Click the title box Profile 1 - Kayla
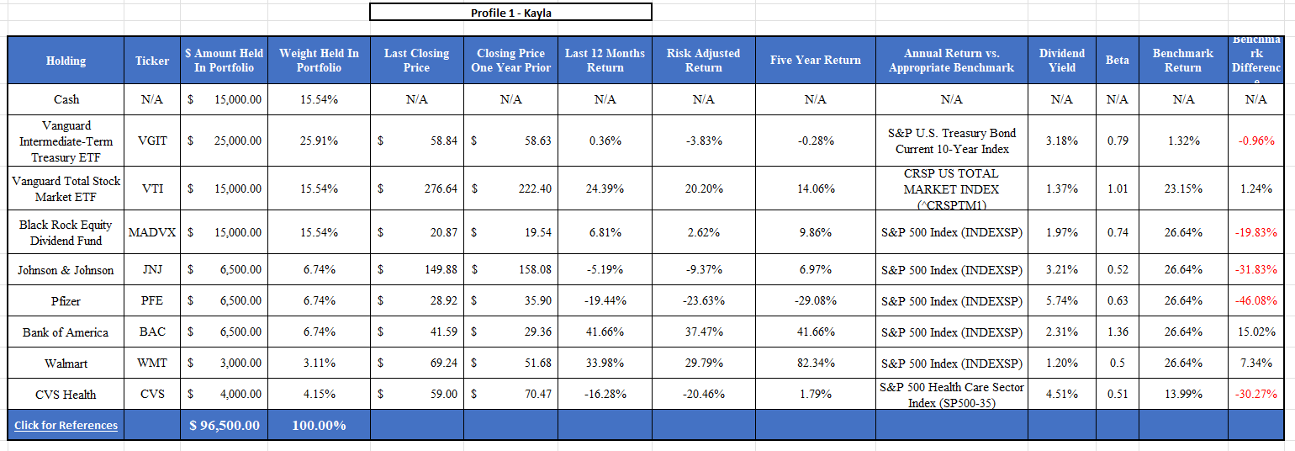[510, 13]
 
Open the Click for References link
[66, 425]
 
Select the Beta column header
[1117, 61]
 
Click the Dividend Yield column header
[1061, 61]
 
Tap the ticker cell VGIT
[152, 141]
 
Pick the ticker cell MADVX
[152, 232]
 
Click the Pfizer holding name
[66, 301]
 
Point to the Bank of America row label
[66, 332]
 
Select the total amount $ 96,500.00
[225, 425]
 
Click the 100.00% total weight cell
[319, 425]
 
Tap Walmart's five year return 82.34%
[815, 363]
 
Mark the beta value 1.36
[1117, 332]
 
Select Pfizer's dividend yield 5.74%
[1061, 301]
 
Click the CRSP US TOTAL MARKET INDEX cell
[951, 189]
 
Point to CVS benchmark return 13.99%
[1182, 395]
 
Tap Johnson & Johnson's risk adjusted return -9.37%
[703, 270]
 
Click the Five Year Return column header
[815, 61]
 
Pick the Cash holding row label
[66, 99]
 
